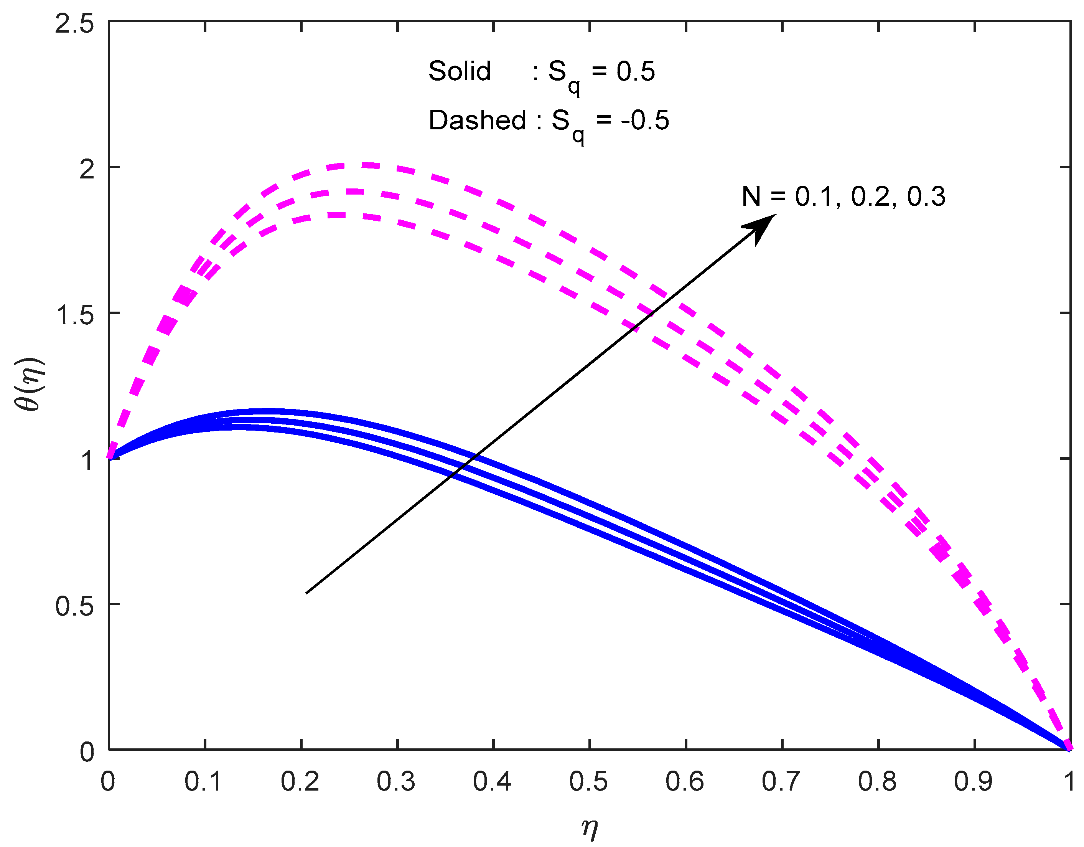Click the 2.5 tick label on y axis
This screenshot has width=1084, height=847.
(74, 24)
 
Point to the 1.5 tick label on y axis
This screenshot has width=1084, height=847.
(74, 315)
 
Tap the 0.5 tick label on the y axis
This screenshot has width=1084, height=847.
(74, 606)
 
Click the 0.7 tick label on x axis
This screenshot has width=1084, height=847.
(781, 781)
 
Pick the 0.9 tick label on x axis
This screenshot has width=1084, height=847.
(973, 781)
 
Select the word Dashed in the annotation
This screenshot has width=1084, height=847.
(477, 120)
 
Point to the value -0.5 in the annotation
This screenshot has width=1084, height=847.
(645, 120)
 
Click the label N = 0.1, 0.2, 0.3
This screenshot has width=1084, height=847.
(843, 196)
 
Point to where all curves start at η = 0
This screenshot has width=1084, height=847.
(110, 457)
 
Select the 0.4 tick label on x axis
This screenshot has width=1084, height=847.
(492, 781)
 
